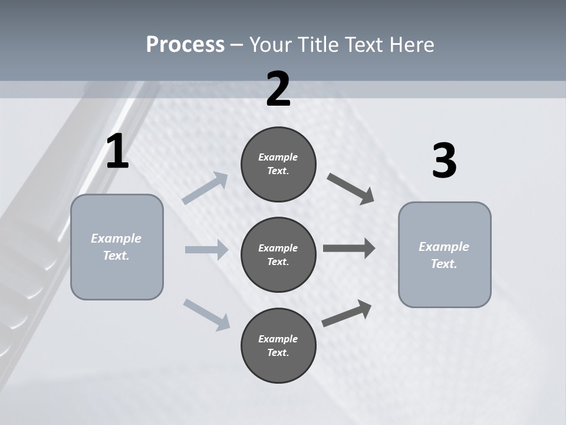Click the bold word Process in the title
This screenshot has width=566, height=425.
185,45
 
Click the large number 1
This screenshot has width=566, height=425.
117,152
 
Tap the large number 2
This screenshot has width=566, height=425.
278,89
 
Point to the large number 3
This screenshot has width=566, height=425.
444,161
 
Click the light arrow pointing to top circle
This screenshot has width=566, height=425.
205,188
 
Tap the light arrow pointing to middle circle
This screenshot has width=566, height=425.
206,250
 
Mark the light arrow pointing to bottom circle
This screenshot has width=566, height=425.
206,314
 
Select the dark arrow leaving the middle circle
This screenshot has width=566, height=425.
349,248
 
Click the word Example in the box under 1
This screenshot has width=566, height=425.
116,238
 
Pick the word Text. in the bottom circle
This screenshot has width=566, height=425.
278,352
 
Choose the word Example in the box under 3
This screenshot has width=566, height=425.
444,247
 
